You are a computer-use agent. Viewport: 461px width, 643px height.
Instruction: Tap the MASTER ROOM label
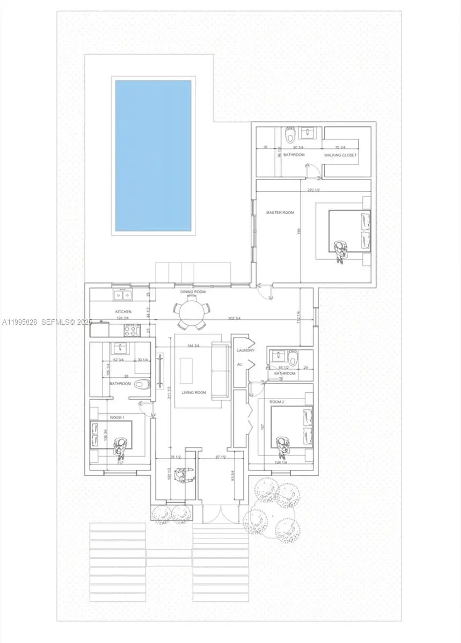point(280,213)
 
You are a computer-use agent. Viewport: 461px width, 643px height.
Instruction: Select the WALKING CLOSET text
point(340,155)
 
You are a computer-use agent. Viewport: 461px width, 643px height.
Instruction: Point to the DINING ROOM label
point(193,292)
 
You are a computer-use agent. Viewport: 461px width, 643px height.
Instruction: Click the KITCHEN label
point(123,311)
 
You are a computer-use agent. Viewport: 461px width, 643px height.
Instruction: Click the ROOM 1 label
point(116,417)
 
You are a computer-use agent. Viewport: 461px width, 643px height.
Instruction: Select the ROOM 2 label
point(276,401)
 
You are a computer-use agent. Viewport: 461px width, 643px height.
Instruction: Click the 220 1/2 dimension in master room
point(314,190)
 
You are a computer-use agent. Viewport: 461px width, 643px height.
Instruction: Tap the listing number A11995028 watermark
point(20,323)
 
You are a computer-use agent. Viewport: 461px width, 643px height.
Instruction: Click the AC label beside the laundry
point(240,364)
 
